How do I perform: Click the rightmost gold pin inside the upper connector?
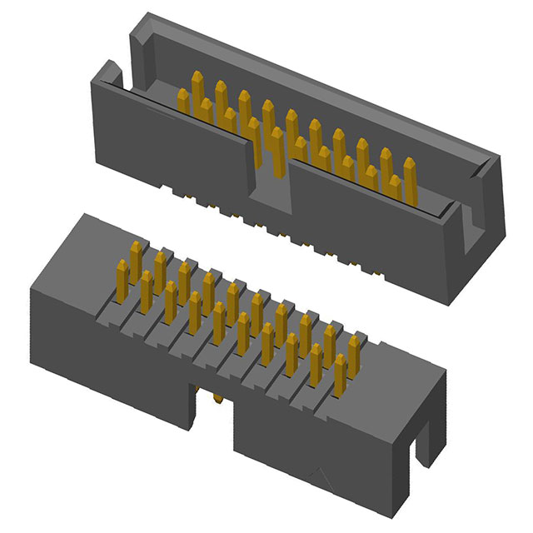(x=410, y=179)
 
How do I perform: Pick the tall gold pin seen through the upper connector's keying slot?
(x=276, y=150)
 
